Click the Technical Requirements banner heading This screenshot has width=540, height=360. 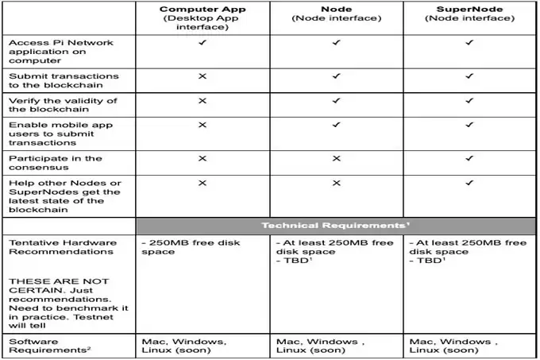pos(337,226)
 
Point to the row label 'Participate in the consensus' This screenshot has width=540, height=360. pos(56,164)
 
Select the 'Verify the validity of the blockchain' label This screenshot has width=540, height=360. pos(62,106)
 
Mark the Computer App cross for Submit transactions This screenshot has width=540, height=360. pos(202,76)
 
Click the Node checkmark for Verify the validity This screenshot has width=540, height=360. pos(336,101)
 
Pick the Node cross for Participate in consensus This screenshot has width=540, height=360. pos(336,158)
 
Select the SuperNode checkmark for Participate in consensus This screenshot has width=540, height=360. pos(469,158)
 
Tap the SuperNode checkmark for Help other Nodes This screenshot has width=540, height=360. pos(469,183)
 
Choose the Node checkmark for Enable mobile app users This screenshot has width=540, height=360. pos(336,125)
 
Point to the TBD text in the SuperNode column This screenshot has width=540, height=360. pos(427,260)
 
